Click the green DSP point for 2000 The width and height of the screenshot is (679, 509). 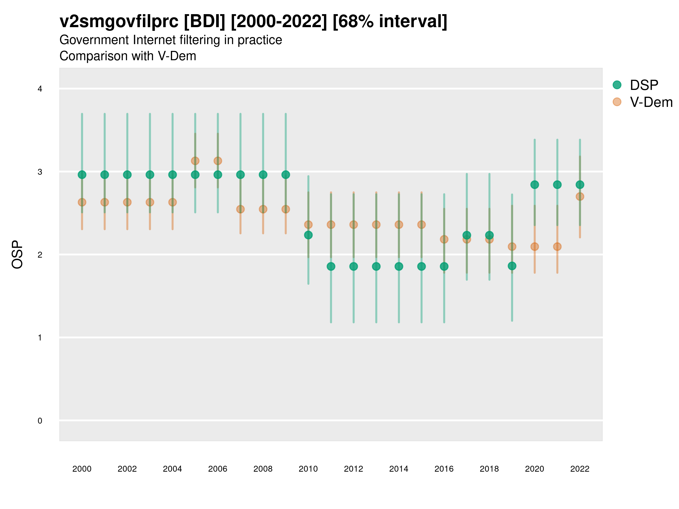pyautogui.click(x=82, y=174)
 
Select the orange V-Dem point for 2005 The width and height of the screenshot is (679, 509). pyautogui.click(x=195, y=161)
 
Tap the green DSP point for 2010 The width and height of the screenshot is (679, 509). pyautogui.click(x=308, y=235)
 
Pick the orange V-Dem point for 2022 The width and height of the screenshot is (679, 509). pyautogui.click(x=580, y=196)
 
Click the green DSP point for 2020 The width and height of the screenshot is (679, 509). pyautogui.click(x=535, y=185)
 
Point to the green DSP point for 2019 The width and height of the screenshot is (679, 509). pyautogui.click(x=512, y=266)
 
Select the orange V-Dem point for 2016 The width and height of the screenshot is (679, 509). pyautogui.click(x=444, y=239)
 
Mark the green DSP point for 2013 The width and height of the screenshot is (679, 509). pyautogui.click(x=376, y=266)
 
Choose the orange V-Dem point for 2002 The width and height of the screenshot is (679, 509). pyautogui.click(x=127, y=202)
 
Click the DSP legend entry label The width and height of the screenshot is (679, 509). pyautogui.click(x=644, y=85)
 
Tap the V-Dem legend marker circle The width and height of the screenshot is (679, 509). pyautogui.click(x=617, y=102)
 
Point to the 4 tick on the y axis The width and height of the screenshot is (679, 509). pyautogui.click(x=40, y=89)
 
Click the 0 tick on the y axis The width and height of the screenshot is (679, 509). pyautogui.click(x=40, y=421)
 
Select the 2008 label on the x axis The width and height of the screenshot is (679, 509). pyautogui.click(x=263, y=469)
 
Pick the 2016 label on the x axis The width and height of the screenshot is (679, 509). pyautogui.click(x=444, y=469)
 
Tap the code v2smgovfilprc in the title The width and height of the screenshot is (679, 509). pyautogui.click(x=119, y=21)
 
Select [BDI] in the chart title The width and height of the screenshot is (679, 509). pyautogui.click(x=205, y=21)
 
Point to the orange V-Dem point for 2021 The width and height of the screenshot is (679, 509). pyautogui.click(x=557, y=247)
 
